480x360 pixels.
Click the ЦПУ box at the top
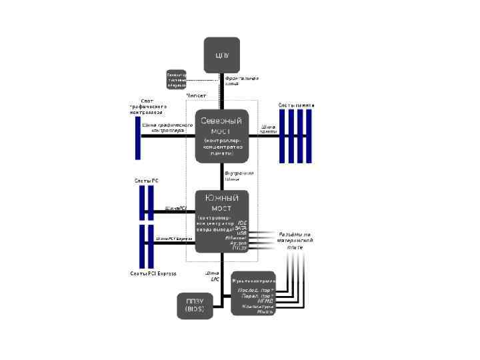[x=222, y=55]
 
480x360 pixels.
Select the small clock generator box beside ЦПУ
[x=177, y=79]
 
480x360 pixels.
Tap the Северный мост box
[x=222, y=136]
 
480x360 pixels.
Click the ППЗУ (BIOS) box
[x=195, y=305]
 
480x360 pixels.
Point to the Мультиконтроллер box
[x=253, y=293]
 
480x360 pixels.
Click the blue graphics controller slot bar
[x=138, y=136]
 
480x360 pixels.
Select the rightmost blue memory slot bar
[x=309, y=136]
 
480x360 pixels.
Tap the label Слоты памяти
[x=296, y=105]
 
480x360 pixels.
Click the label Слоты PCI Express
[x=153, y=273]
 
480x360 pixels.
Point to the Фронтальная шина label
[x=241, y=81]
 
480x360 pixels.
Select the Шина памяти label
[x=268, y=129]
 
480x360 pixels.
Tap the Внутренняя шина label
[x=239, y=176]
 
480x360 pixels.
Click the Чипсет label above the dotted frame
[x=196, y=97]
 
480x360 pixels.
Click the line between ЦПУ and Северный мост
[x=222, y=93]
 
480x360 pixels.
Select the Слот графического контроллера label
[x=147, y=107]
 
